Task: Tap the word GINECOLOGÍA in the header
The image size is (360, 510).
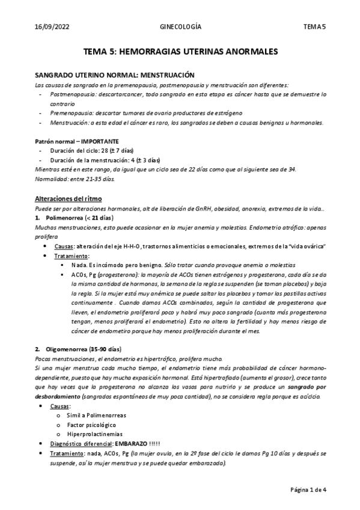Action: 180,27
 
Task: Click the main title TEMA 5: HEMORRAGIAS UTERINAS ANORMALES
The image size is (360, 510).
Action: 180,52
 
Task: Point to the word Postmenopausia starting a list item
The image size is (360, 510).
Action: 72,94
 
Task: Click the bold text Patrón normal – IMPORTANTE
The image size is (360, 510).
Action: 81,141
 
